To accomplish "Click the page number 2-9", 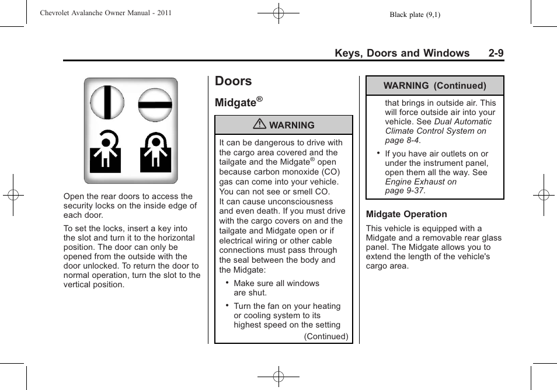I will [496, 53].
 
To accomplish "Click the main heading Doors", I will [233, 81].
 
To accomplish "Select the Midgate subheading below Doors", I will [236, 103].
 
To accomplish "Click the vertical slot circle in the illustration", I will [106, 103].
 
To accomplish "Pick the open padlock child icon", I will [106, 152].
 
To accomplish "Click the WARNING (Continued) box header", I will [434, 86].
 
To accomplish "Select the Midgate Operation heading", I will [406, 214].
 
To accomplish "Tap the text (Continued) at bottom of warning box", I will [326, 336].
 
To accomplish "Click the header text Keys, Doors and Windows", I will [402, 53].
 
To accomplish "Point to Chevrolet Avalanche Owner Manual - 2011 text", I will [106, 13].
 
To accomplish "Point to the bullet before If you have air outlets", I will [378, 153].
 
